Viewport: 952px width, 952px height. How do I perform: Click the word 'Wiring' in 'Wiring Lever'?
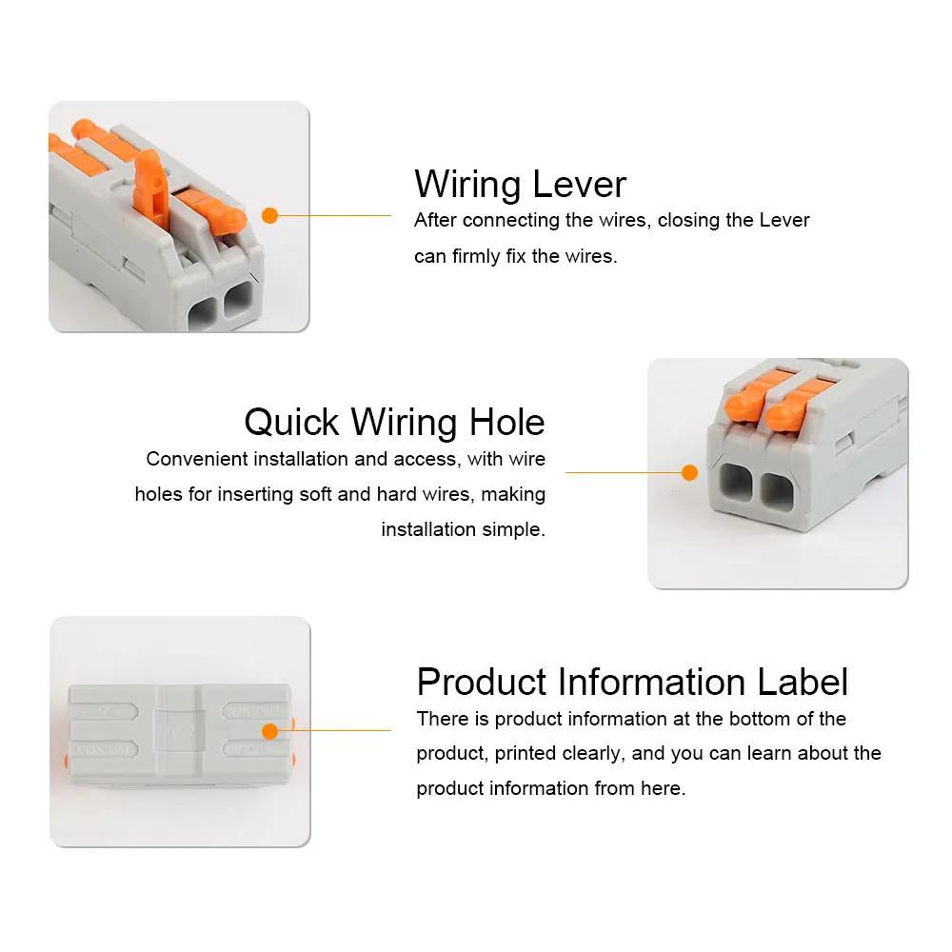click(466, 184)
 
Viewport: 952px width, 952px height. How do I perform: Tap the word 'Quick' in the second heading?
click(291, 422)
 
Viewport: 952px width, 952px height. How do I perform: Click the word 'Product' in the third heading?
click(482, 683)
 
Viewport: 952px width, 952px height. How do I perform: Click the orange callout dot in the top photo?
click(269, 215)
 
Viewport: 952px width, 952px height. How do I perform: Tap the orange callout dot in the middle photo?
click(690, 471)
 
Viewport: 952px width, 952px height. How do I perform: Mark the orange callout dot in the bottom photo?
click(269, 731)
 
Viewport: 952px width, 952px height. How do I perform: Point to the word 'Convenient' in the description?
click(198, 459)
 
